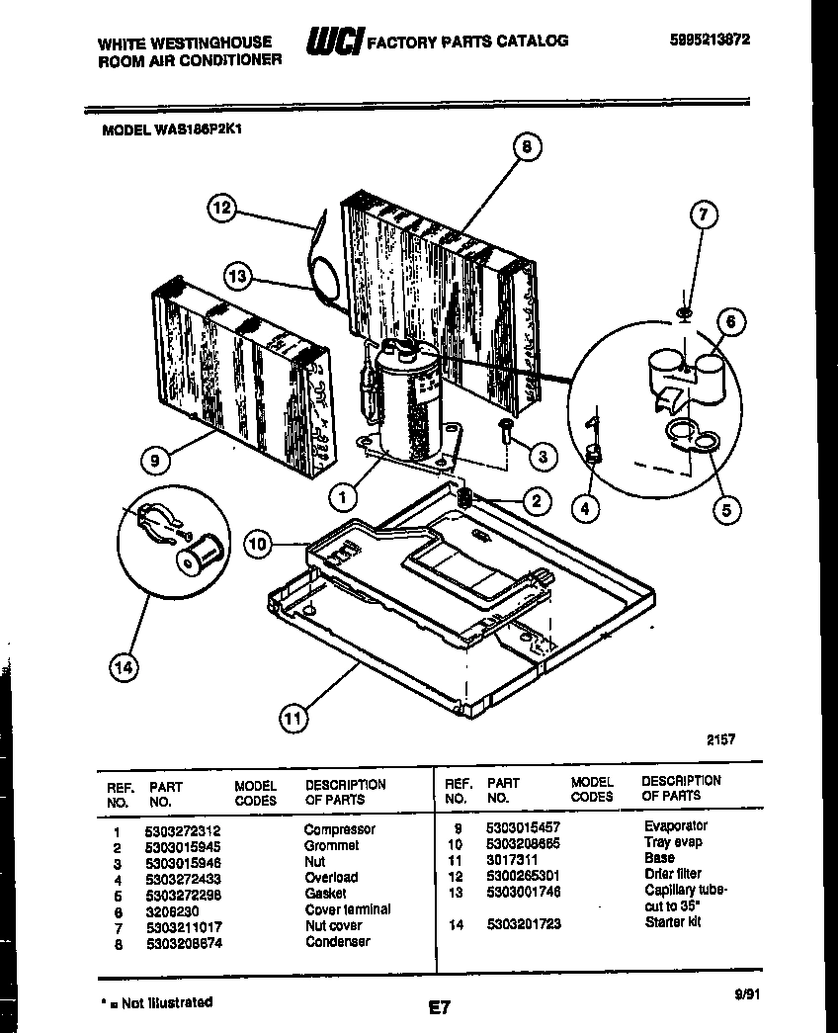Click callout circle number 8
point(526,147)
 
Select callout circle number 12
point(223,209)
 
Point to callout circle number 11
point(292,719)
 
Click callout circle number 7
point(704,215)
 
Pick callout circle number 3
point(543,457)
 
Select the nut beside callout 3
point(505,431)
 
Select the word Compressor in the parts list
point(339,829)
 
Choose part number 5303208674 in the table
point(184,942)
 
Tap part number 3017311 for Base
point(511,858)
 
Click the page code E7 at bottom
point(440,1008)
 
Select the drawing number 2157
point(720,738)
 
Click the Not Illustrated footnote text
point(158,1001)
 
